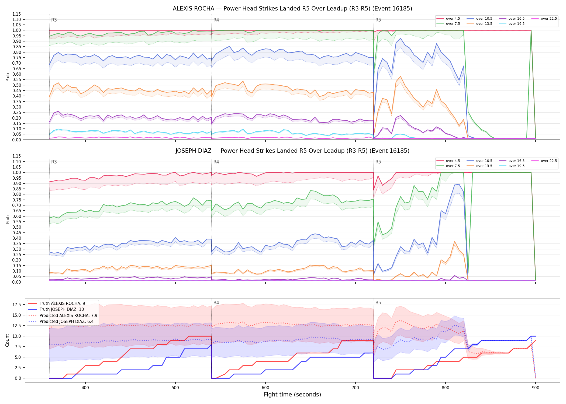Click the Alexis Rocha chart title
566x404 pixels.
[292, 9]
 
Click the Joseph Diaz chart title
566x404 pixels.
[292, 151]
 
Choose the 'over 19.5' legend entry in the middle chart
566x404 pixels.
[512, 166]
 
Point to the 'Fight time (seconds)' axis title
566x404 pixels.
[292, 395]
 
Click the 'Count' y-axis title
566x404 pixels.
[7, 340]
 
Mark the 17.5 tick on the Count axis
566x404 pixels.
[18, 305]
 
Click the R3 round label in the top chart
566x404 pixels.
[54, 20]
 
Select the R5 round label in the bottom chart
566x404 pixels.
[378, 303]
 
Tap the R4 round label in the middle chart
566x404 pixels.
[216, 162]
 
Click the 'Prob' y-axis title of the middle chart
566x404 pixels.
[8, 219]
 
